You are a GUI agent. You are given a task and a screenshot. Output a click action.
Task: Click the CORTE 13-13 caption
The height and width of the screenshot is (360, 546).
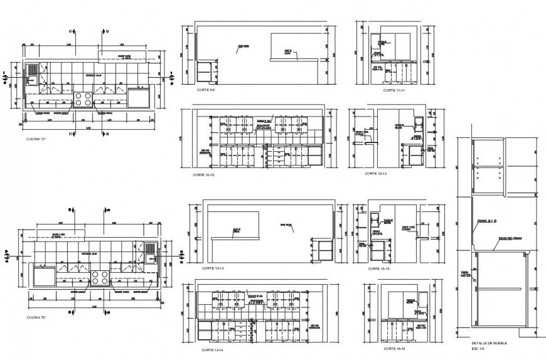212,268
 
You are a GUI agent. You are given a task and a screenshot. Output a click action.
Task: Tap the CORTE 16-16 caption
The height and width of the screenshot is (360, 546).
392,348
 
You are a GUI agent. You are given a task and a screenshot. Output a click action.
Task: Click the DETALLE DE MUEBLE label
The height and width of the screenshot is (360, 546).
489,344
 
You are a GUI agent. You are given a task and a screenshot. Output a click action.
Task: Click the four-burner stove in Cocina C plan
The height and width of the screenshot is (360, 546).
83,98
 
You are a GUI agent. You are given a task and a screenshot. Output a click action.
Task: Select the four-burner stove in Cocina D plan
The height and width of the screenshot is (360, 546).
99,276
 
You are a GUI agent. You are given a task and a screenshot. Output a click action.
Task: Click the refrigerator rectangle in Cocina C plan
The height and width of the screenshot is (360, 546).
138,98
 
